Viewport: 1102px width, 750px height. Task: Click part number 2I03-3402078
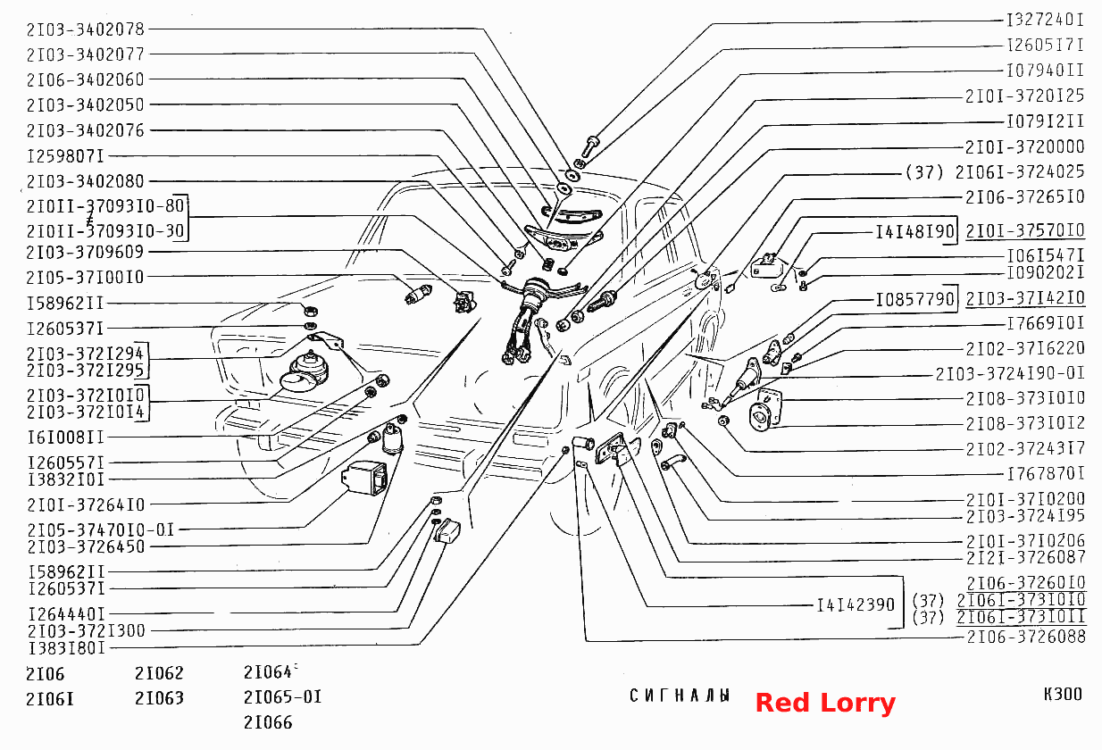[x=85, y=29]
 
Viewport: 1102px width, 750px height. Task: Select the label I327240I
[x=1045, y=21]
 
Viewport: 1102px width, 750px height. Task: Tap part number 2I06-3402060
[x=85, y=79]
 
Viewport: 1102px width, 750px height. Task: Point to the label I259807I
[x=65, y=156]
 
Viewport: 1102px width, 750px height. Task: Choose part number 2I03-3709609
[x=85, y=253]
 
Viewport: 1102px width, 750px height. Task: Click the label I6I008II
[x=65, y=437]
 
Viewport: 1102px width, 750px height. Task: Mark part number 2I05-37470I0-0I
[x=101, y=529]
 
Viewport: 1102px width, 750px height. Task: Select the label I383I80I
[x=66, y=648]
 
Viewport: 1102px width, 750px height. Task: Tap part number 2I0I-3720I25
[x=1025, y=96]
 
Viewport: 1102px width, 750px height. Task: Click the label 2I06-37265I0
[x=1025, y=197]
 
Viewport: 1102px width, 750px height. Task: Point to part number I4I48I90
[x=915, y=231]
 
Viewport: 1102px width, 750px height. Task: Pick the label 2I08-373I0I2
[x=1025, y=423]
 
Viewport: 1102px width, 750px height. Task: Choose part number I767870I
[x=1046, y=473]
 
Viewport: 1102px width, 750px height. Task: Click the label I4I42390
[x=856, y=605]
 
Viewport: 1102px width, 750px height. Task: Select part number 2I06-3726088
[x=1026, y=637]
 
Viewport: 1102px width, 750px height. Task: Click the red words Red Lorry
[x=825, y=703]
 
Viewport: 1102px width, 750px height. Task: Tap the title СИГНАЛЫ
[x=680, y=696]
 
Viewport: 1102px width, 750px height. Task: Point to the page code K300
[x=1063, y=694]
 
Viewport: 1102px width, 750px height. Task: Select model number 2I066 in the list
[x=268, y=722]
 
